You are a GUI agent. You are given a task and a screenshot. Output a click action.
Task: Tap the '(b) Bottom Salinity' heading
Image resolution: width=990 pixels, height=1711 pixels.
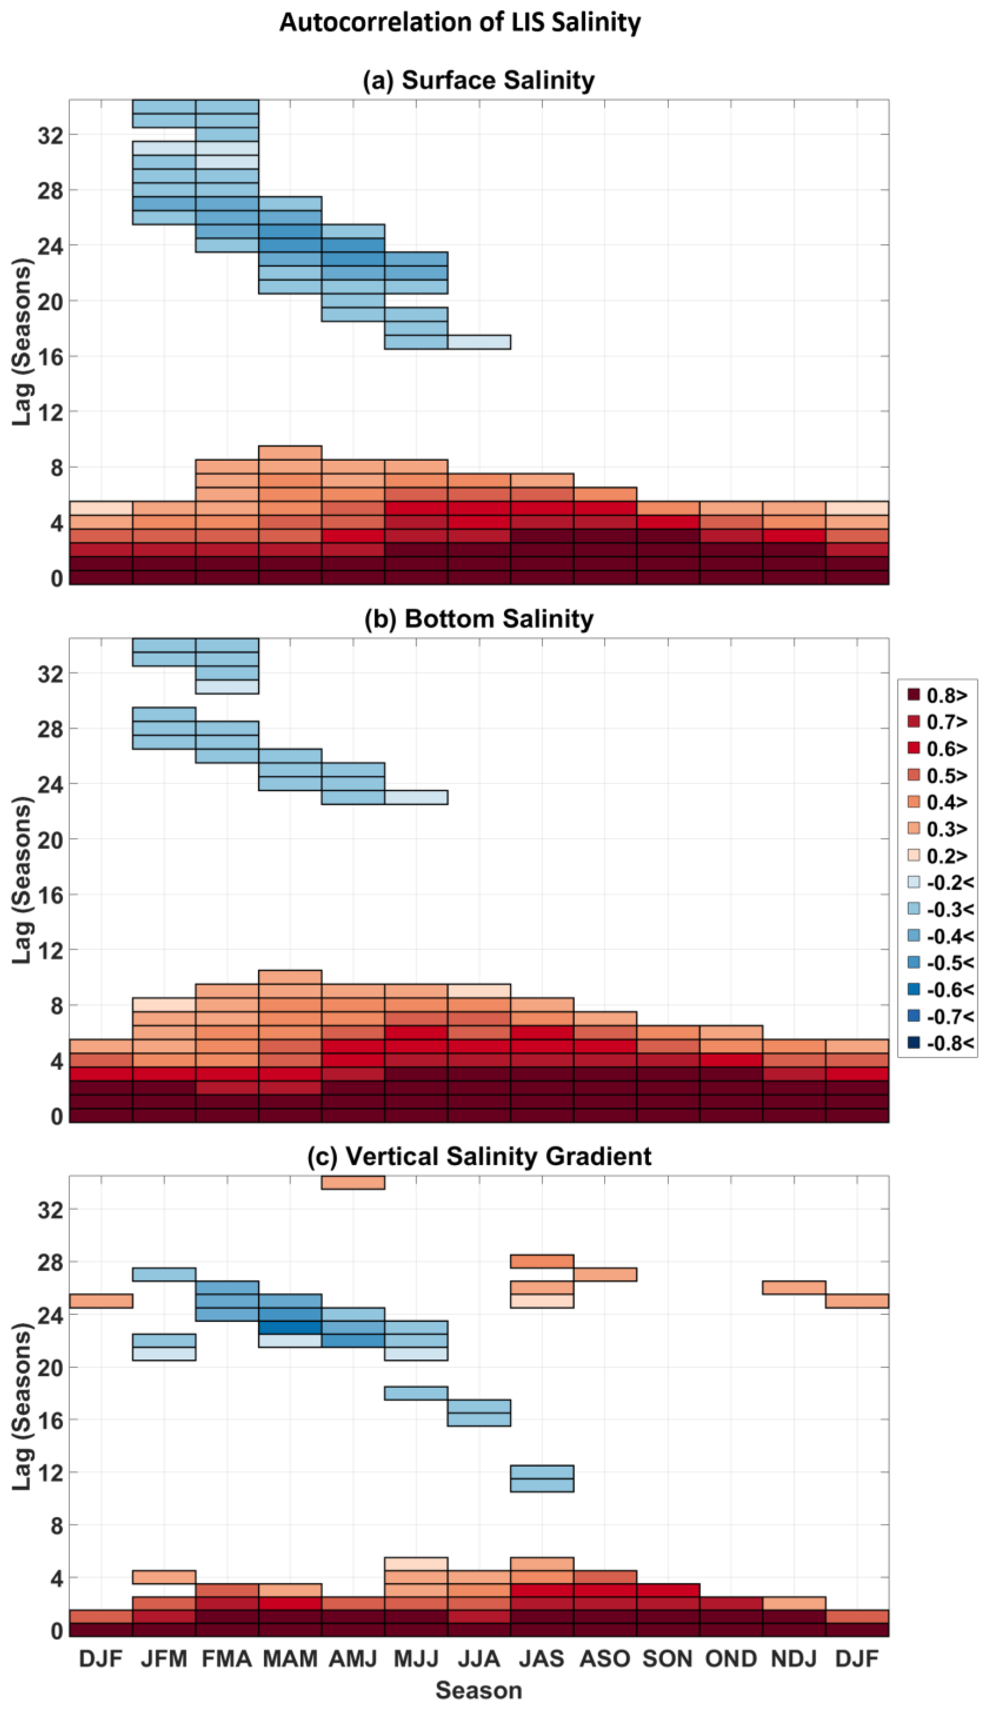479,619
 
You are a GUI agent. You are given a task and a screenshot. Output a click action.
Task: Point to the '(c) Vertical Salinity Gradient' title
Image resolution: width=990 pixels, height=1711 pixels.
479,1155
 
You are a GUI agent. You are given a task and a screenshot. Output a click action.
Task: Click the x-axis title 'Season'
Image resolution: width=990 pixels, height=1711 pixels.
479,1690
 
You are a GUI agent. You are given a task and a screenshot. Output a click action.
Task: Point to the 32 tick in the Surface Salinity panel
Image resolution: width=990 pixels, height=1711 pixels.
50,135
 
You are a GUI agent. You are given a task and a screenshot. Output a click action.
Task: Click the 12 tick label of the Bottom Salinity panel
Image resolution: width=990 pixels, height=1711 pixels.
50,951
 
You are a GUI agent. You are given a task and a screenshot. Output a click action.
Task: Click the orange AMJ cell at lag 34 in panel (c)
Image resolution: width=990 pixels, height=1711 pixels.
353,1182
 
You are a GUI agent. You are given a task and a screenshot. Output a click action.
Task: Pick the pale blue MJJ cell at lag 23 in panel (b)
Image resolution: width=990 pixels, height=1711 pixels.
416,797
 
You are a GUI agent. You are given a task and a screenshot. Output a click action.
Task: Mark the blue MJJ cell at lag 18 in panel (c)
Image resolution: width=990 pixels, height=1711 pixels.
416,1392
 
